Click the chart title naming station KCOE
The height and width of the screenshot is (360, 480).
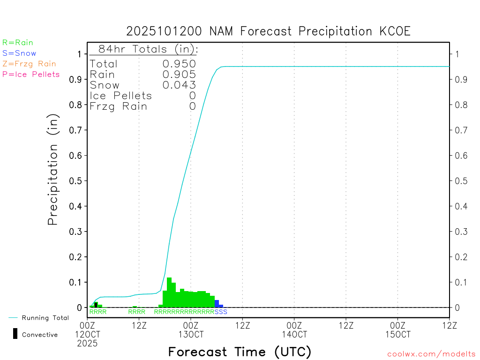click(268, 31)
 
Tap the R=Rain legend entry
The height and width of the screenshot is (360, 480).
click(18, 43)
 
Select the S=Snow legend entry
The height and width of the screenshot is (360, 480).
click(19, 53)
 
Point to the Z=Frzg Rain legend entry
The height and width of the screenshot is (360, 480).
click(29, 64)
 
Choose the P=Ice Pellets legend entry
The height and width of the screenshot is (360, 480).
click(31, 74)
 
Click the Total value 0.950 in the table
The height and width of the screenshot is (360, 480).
click(179, 64)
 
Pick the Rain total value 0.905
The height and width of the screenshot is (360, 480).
click(179, 74)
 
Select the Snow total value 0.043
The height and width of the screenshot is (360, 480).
click(179, 85)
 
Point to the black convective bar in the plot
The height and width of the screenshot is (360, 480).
click(96, 305)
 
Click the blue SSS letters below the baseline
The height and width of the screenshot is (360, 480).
click(221, 312)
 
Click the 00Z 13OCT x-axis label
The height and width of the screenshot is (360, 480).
click(191, 330)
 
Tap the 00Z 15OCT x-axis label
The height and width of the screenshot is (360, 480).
click(397, 330)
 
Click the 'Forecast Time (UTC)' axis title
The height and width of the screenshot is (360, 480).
click(240, 352)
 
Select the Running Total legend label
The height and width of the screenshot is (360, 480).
click(45, 318)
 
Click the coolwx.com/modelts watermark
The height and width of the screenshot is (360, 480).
click(431, 354)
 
